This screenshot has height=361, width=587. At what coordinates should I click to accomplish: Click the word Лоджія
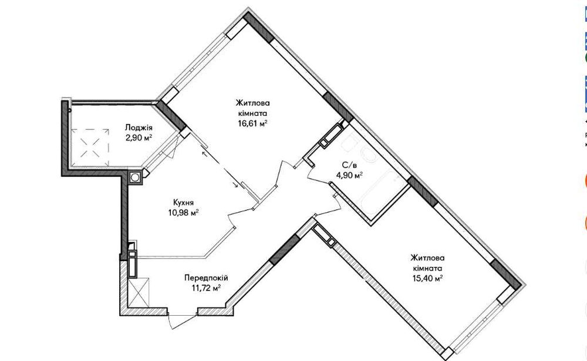[x=139, y=128]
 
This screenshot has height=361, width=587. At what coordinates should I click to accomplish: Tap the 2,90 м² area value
[x=139, y=138]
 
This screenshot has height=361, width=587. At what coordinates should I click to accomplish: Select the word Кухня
[x=183, y=202]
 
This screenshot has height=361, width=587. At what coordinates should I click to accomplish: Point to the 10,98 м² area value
[x=183, y=213]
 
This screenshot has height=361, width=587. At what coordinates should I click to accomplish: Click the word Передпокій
[x=206, y=278]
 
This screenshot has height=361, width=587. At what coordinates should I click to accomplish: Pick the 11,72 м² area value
[x=206, y=288]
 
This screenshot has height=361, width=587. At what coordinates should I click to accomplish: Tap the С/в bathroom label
[x=347, y=165]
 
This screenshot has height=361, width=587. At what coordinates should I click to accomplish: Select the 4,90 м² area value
[x=348, y=175]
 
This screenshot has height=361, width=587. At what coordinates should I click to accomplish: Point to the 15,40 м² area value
[x=427, y=278]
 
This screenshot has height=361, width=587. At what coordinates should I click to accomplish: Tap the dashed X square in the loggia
[x=90, y=148]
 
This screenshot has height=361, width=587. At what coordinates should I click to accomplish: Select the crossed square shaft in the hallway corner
[x=139, y=292]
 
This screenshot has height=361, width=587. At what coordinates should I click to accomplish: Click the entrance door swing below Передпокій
[x=183, y=320]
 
